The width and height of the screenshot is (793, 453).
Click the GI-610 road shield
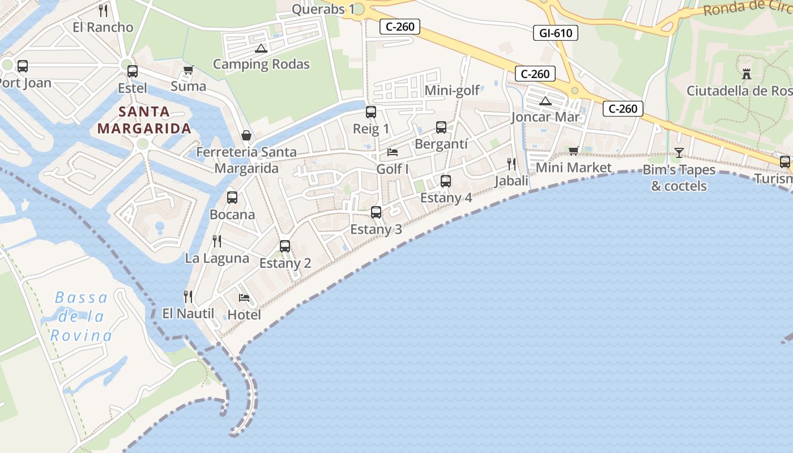[x=556, y=33]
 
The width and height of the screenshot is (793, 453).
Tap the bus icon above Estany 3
[x=376, y=212]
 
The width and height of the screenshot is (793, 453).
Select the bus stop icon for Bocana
[x=232, y=198]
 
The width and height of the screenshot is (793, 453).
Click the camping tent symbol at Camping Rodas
[x=261, y=48]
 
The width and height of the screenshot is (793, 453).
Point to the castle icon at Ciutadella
[x=746, y=74]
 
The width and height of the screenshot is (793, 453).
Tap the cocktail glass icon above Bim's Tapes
[x=679, y=152]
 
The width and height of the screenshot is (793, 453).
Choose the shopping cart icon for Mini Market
[x=573, y=151]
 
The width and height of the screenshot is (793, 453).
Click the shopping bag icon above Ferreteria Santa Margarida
[x=246, y=135]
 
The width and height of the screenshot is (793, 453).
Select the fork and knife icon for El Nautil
[x=188, y=296]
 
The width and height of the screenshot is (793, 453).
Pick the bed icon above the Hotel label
[x=244, y=297]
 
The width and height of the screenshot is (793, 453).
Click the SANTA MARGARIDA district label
[x=144, y=120]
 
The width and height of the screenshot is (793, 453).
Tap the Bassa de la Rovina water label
[x=81, y=317]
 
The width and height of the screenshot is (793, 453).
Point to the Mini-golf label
[x=452, y=90]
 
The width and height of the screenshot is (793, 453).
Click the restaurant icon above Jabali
[x=511, y=164]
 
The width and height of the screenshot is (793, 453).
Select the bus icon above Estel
[x=133, y=71]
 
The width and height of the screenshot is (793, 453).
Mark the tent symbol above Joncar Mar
[x=545, y=101]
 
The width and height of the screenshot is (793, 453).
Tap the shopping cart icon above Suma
[x=188, y=70]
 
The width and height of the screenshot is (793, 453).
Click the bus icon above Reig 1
[x=371, y=112]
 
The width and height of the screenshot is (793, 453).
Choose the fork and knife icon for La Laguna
[x=217, y=241]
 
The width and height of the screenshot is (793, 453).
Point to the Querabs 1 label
[x=323, y=9]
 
